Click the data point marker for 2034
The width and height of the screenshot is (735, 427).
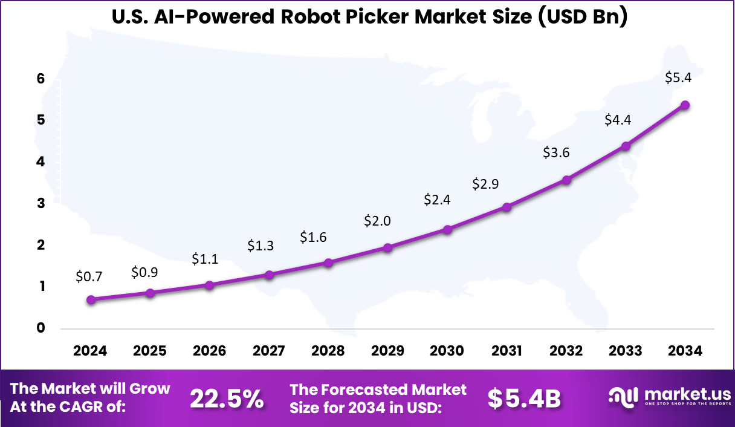point(685,105)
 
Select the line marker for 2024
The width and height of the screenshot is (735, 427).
point(91,299)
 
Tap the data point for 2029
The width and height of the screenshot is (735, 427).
point(388,247)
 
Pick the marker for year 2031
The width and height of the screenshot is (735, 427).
point(507,207)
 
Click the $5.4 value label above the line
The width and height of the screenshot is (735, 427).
point(678,78)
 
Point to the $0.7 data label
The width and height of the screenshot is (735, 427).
point(89,277)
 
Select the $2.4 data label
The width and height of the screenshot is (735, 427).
point(437,200)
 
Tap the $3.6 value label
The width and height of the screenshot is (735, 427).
point(556,153)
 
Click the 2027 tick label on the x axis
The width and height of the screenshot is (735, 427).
point(269,351)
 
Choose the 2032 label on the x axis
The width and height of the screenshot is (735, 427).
point(566,351)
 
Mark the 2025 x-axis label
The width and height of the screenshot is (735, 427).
point(150,351)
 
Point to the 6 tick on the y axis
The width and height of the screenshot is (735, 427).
point(40,79)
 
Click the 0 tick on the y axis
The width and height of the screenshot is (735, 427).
point(40,328)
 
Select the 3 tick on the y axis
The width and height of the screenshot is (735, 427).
point(40,204)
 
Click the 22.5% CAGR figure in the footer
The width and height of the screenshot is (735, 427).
point(227,399)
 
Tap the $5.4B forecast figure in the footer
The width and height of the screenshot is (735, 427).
point(524,399)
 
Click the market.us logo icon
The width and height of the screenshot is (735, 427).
point(623,397)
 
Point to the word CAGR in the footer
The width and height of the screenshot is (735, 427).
point(101,407)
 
